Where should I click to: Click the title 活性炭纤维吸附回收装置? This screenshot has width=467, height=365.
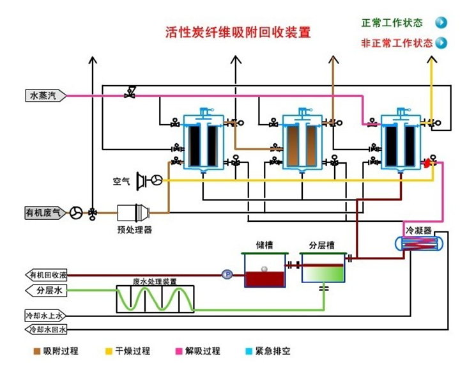pos(238,32)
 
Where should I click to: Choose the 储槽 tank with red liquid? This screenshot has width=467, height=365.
pos(263,271)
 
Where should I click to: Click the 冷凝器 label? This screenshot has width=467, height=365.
pos(418,229)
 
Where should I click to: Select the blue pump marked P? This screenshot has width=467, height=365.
pos(226,274)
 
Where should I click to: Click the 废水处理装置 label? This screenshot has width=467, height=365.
pos(155,281)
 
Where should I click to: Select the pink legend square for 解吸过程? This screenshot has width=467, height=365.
pos(180,351)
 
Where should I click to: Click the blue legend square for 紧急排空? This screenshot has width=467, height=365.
pos(249,351)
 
